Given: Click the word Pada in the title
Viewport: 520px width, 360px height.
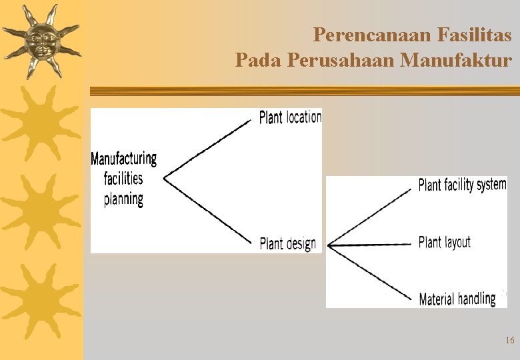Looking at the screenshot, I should point(258,61).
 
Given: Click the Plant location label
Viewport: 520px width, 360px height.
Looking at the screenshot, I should point(290,117).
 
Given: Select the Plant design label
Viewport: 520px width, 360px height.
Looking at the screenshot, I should point(287,243).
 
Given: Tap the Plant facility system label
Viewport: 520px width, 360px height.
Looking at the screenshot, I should point(462,184).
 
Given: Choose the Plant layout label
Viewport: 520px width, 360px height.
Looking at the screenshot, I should point(444,242).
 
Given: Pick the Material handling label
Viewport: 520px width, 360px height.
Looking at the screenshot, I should point(457,299).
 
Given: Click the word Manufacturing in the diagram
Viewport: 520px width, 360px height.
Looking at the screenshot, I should point(124,159).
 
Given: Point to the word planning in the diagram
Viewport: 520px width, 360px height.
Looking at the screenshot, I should point(123,199).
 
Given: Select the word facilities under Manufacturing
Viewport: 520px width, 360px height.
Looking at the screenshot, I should point(123,179).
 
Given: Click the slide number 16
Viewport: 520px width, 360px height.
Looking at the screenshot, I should point(510,341).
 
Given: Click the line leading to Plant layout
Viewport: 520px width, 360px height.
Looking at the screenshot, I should point(370,245).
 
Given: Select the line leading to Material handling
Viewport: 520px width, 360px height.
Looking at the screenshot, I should point(370,271).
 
